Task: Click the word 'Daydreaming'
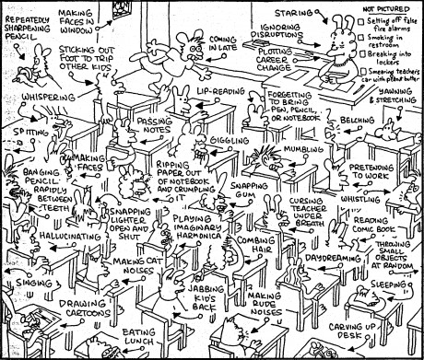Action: click(329, 258)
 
